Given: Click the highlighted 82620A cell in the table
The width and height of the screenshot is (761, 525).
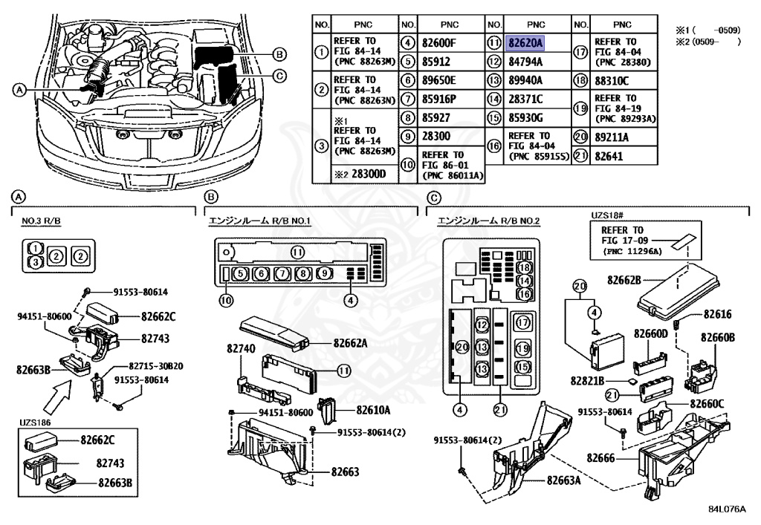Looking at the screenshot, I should click(525, 43).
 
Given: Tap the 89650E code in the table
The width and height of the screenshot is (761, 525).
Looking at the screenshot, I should click(438, 80).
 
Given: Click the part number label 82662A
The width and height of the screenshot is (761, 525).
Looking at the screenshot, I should click(352, 343).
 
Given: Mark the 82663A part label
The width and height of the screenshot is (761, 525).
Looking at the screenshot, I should click(563, 480).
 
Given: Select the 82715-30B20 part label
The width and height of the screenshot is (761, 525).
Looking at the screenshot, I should click(156, 366).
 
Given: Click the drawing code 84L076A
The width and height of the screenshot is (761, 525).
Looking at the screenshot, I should click(727, 509).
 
